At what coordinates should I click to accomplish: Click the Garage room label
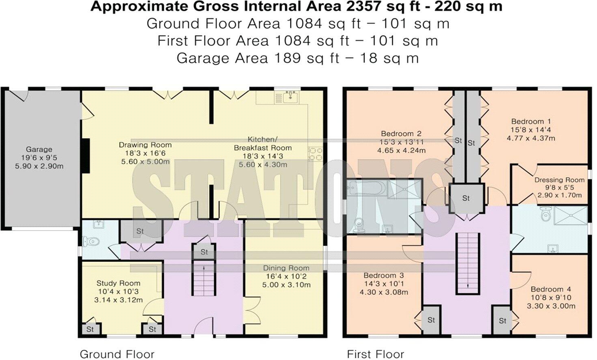coord(39,150)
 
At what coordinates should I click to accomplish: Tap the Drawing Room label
coord(145,145)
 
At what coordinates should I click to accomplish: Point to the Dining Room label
coord(286,268)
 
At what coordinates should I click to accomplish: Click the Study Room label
coord(118,283)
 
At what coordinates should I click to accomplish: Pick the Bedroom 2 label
coord(401,134)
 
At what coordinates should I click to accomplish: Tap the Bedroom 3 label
coord(383,276)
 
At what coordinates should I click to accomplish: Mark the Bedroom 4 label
coord(551,289)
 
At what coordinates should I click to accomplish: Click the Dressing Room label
coord(559,180)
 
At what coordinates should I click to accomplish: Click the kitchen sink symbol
coord(290,97)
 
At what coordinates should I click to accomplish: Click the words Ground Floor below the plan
coord(117,354)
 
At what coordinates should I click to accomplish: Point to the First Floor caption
coord(376,354)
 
